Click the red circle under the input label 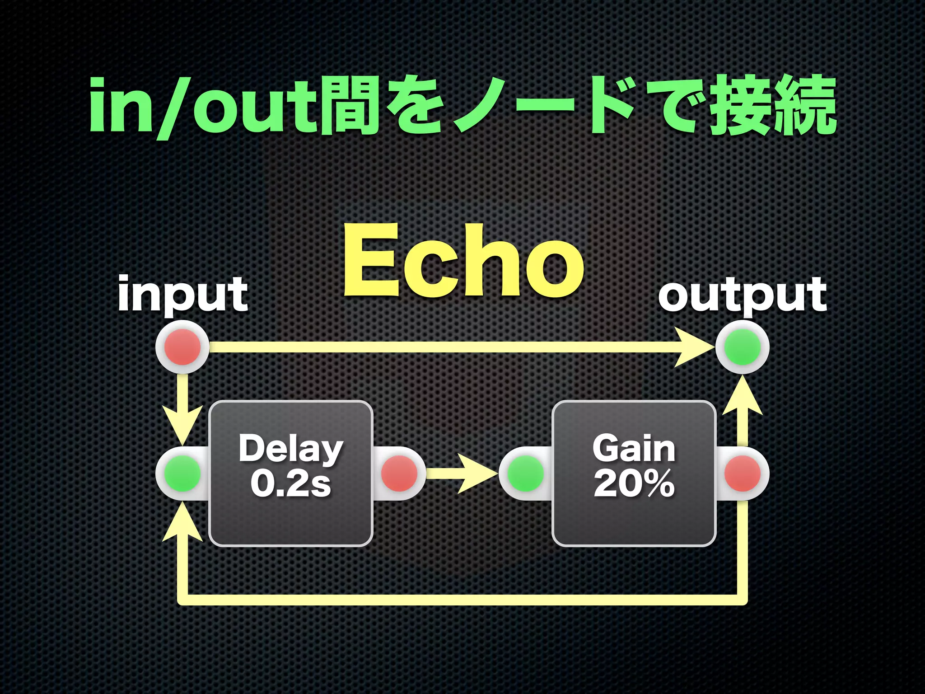click(x=182, y=347)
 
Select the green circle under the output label click(x=742, y=347)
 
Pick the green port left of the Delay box click(x=182, y=474)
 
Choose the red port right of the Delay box click(x=399, y=474)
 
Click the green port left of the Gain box click(x=526, y=474)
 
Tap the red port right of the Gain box click(x=742, y=474)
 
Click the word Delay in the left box click(x=290, y=448)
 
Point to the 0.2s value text click(x=290, y=483)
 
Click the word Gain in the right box click(x=634, y=448)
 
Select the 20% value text click(x=634, y=483)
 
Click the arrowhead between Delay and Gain click(x=479, y=474)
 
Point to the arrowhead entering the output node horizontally click(x=696, y=347)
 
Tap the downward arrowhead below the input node click(x=182, y=425)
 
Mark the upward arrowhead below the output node click(x=742, y=398)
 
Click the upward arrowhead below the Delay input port click(x=182, y=524)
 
